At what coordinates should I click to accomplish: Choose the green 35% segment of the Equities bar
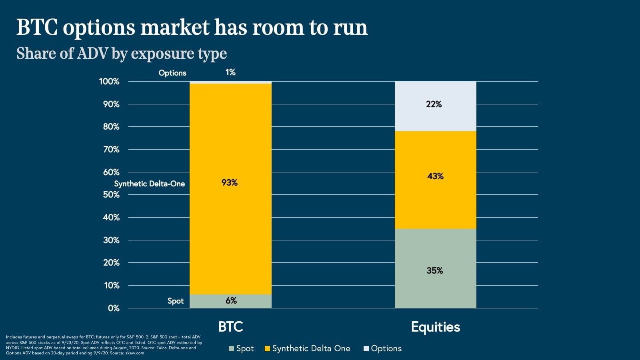[x=435, y=288]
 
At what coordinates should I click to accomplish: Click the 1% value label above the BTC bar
[x=230, y=72]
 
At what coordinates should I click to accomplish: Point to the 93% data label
[x=230, y=183]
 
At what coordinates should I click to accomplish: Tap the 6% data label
[x=231, y=301]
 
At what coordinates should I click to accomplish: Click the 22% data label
[x=434, y=104]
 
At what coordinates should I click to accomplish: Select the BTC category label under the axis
[x=231, y=327]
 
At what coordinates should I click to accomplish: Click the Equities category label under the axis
[x=436, y=327]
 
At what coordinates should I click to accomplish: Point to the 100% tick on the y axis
[x=109, y=82]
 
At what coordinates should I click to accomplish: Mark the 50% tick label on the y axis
[x=111, y=195]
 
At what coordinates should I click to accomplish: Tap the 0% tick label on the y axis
[x=114, y=308]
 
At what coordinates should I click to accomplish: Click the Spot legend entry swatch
[x=231, y=349]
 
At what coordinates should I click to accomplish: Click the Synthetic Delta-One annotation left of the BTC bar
[x=150, y=184]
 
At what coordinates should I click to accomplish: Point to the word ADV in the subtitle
[x=92, y=54]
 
